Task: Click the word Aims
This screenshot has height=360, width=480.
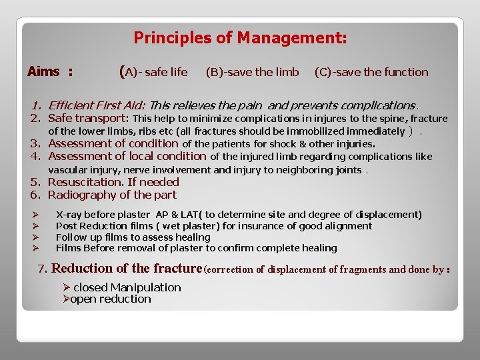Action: coord(44,71)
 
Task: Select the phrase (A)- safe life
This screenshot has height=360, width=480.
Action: coord(153,71)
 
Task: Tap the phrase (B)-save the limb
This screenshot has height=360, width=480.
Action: coord(252,72)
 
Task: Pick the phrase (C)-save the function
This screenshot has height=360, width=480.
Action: coord(371,72)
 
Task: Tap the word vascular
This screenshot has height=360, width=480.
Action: coord(67,170)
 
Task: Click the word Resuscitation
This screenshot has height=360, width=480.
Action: coord(85,182)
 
